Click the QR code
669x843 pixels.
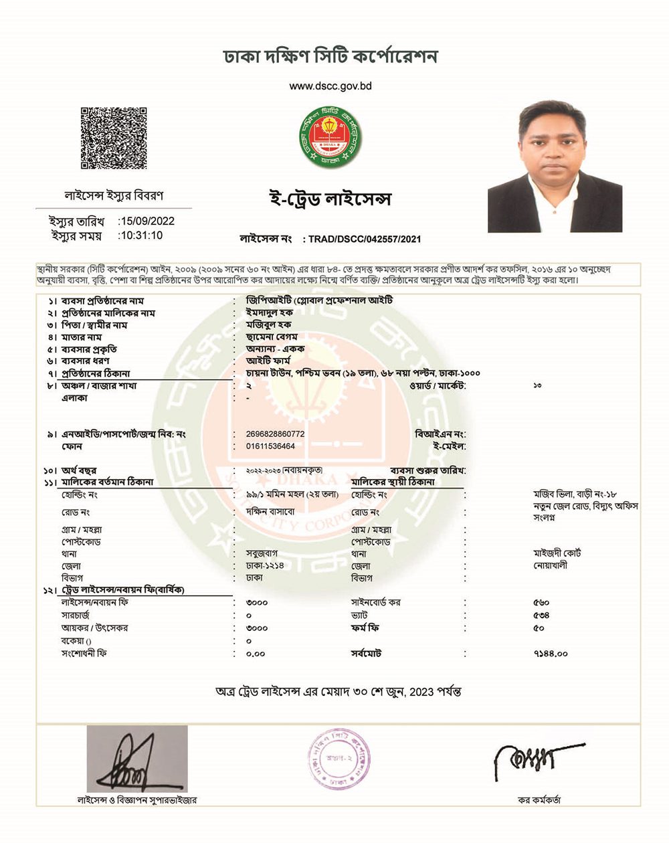114,138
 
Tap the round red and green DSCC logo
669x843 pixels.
330,138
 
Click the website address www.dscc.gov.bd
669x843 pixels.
330,86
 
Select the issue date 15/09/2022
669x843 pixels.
146,221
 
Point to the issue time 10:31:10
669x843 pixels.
140,236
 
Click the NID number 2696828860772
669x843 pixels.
276,434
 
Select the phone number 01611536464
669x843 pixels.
270,446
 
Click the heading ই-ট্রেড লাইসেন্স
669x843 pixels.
328,199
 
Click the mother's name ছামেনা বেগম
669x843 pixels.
272,337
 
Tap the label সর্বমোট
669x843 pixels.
366,653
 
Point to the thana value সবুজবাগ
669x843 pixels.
262,554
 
